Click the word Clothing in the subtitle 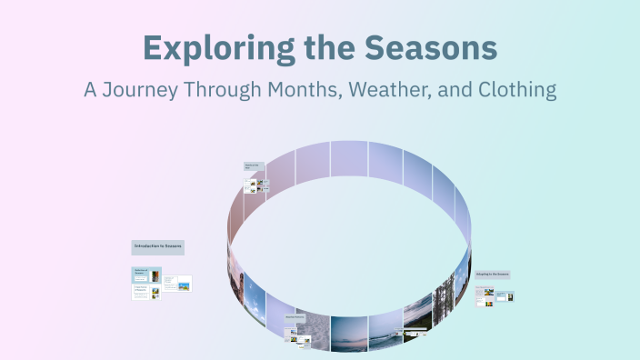tap(515, 91)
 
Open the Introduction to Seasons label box tap(158, 246)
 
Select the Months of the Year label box tap(252, 166)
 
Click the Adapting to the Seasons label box tap(492, 273)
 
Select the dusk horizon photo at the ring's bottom tap(349, 334)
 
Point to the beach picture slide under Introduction tap(183, 285)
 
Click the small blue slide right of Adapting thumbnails tap(509, 295)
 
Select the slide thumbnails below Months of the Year tap(257, 185)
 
